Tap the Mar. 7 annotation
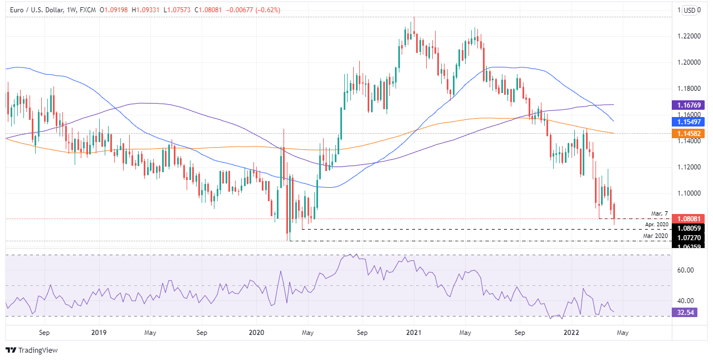click(659, 214)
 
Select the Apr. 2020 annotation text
click(656, 224)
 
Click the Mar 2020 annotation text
click(656, 236)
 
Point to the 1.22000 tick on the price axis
click(689, 36)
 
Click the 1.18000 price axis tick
click(689, 89)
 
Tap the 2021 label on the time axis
click(414, 333)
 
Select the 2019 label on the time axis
click(99, 333)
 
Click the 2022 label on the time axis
click(572, 333)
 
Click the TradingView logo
click(32, 350)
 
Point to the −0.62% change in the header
click(268, 10)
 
